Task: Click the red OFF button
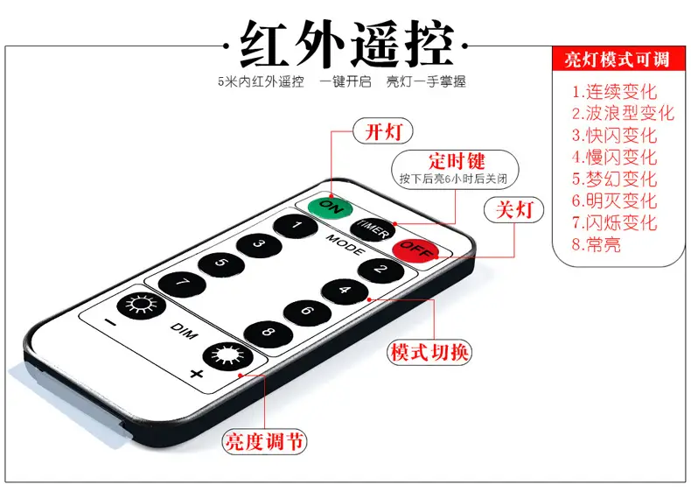point(415,251)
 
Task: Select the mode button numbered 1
point(296,227)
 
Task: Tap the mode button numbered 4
point(345,292)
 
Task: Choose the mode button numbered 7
point(182,284)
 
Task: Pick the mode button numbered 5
point(221,264)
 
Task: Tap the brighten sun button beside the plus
point(227,355)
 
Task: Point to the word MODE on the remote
point(345,245)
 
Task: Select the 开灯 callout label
point(383,131)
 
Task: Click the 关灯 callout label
point(513,209)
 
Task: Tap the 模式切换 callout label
point(429,353)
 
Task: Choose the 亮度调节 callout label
point(264,441)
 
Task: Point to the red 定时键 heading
point(457,161)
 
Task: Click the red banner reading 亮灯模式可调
point(618,59)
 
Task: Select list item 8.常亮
point(597,244)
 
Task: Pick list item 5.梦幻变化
point(614,179)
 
